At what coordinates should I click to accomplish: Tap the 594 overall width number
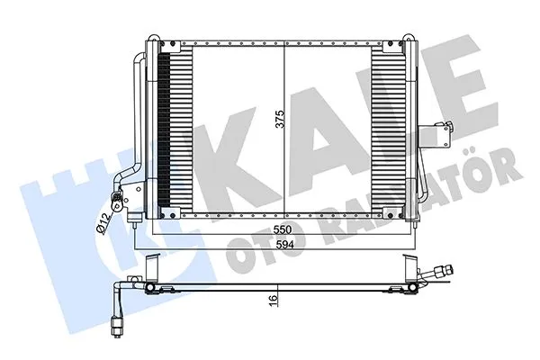(285, 247)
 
